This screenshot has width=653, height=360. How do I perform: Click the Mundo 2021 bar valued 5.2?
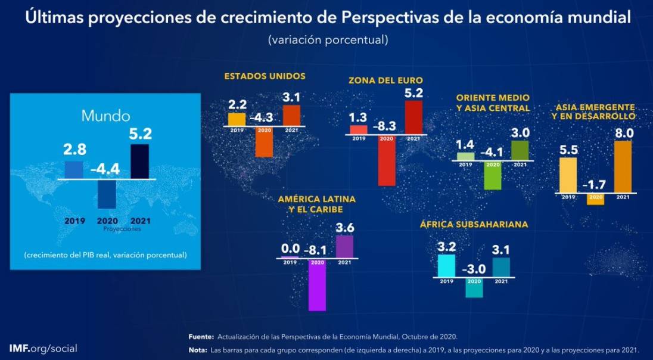coord(139,161)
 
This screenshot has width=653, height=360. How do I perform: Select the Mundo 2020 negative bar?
coord(107,194)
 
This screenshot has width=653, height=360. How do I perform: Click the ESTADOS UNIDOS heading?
coord(265,76)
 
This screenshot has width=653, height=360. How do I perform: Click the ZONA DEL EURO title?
coord(385,80)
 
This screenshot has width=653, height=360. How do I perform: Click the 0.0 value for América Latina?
coord(290,249)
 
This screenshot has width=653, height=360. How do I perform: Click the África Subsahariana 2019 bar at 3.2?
coord(446,266)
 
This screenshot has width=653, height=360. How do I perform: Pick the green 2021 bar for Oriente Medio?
coord(520,150)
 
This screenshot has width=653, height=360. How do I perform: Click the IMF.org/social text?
coord(43,348)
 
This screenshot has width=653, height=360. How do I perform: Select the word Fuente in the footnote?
coord(201,337)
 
